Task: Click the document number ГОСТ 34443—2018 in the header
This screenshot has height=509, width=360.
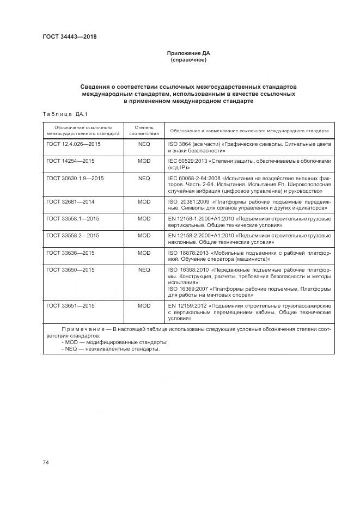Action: (69, 37)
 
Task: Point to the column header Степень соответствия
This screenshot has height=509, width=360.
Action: (144, 130)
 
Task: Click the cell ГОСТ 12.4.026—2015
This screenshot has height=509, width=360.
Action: (74, 145)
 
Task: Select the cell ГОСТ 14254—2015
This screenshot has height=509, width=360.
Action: (70, 162)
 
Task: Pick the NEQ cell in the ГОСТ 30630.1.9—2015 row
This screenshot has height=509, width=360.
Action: (144, 178)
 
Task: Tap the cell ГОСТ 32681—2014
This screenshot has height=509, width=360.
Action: (70, 201)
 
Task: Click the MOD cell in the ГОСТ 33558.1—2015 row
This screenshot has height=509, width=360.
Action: (144, 218)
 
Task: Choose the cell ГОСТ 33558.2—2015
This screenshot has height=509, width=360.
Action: (72, 235)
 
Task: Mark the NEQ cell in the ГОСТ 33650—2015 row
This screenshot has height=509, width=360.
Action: (144, 269)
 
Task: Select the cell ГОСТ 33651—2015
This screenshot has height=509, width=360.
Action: (70, 306)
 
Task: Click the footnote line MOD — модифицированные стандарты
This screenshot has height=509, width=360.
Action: (114, 342)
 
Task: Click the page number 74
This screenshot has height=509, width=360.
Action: (46, 462)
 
